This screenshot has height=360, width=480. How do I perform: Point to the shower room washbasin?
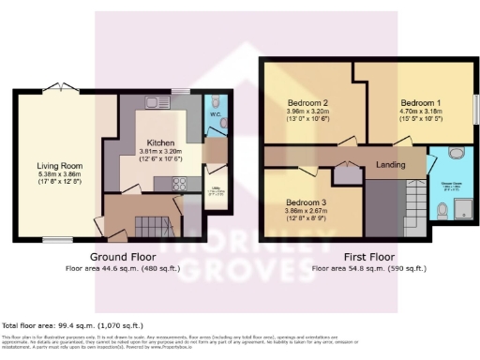(457, 153)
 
